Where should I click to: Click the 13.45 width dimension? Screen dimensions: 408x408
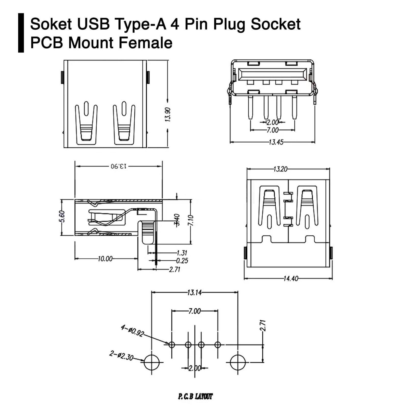[276, 142]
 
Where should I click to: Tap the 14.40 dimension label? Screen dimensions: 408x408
[291, 278]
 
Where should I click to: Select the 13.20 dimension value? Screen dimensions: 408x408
[280, 169]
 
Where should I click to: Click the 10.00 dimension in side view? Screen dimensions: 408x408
[105, 259]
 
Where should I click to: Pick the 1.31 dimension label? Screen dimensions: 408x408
[182, 253]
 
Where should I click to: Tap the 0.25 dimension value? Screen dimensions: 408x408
[182, 261]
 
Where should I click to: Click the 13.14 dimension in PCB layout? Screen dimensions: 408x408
[194, 292]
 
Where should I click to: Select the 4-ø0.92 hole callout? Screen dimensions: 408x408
[132, 331]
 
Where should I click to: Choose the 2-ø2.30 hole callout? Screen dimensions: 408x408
[121, 356]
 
